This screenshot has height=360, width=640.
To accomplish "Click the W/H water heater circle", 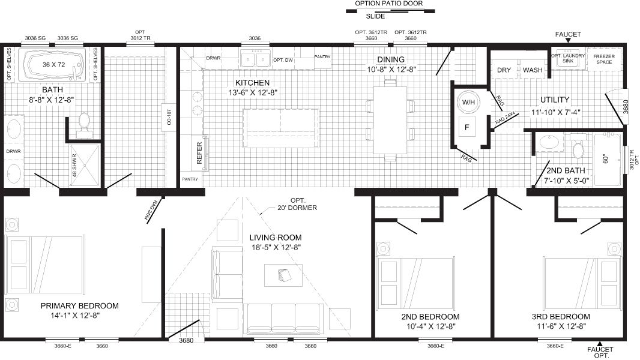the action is point(468,103).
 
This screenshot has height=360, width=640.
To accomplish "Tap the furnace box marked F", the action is point(467,127).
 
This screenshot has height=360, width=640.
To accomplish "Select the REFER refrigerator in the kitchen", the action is point(199,152).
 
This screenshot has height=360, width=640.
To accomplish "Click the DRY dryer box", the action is point(504,70).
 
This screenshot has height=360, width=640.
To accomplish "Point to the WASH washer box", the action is point(533,70).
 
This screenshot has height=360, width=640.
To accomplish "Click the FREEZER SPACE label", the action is point(604,59).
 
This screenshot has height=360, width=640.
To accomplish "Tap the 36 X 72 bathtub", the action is point(55,65).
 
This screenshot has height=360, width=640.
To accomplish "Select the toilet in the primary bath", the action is point(85,122).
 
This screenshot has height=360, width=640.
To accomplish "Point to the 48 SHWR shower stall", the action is point(84,165).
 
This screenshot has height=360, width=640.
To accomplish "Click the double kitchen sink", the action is point(256,59).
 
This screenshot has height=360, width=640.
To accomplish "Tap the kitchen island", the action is point(281,128).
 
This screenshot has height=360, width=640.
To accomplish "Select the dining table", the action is point(390,119).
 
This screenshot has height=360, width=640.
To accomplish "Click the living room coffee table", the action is point(283,275).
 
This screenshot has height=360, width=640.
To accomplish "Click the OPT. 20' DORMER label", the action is point(297,204).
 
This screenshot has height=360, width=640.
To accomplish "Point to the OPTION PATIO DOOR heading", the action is point(388,4).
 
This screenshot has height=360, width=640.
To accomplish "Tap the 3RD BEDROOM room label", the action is point(561,316).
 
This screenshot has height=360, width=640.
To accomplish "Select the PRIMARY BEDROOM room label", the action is point(80,306).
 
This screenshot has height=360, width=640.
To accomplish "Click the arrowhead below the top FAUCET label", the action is point(568,40).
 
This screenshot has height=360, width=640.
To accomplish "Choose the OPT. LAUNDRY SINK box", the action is point(568,59).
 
